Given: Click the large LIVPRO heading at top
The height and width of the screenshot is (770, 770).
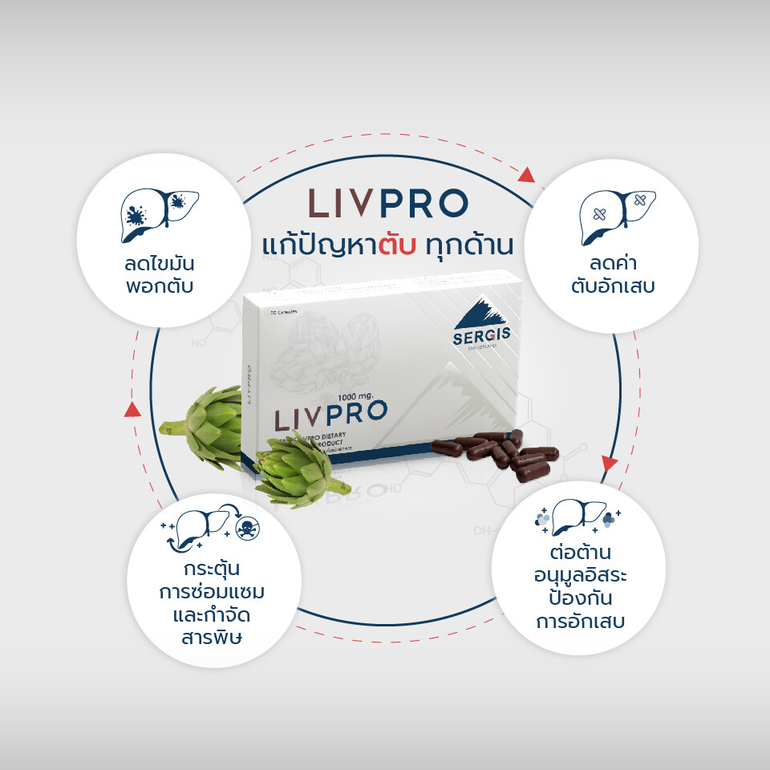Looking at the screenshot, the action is click(x=388, y=205).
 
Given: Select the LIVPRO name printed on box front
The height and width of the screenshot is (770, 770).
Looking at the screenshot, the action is click(x=330, y=417).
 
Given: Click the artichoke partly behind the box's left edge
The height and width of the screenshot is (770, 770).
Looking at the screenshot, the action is click(x=205, y=425).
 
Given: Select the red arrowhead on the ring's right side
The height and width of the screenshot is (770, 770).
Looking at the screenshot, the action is click(x=610, y=464).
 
